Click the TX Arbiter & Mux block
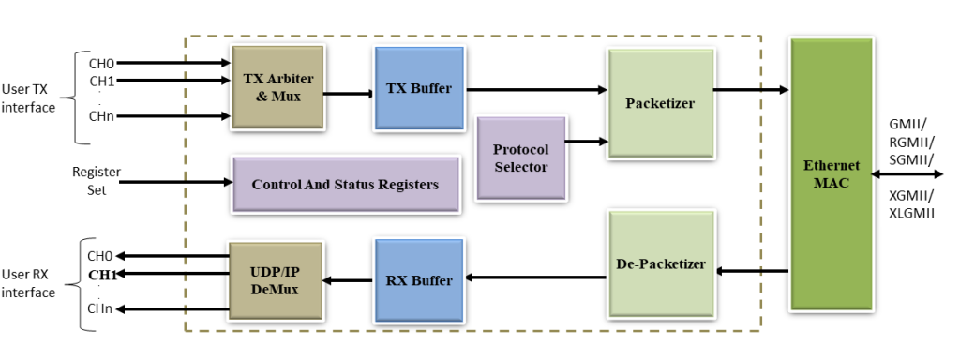tap(277, 86)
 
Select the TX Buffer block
tap(418, 89)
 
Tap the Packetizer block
tap(659, 103)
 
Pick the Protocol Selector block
tap(520, 157)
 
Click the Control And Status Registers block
tap(345, 185)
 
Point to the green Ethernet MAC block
tap(832, 174)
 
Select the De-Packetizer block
tap(661, 263)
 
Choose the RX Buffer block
tap(418, 279)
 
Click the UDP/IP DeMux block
tap(277, 281)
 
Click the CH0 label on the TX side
tap(101, 64)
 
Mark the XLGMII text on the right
tap(913, 214)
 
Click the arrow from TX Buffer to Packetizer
tap(534, 90)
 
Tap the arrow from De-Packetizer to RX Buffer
tap(534, 277)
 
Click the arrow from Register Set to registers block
tap(173, 181)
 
